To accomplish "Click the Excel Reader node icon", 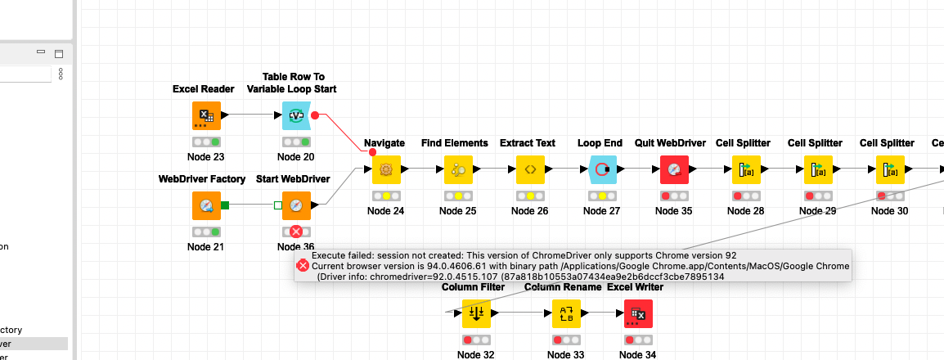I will tap(206, 115).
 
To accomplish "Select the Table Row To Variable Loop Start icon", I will tap(296, 115).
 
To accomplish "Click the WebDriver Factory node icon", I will tap(206, 205).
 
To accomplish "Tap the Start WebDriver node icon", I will tap(296, 205).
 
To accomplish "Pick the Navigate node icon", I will tap(387, 169).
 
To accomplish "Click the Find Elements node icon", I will tap(458, 169).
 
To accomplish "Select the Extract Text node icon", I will tap(530, 169).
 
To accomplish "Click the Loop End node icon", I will tap(602, 169).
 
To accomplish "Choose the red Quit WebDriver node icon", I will tap(675, 169).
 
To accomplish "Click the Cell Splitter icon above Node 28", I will tap(746, 169).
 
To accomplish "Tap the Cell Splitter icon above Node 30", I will tap(890, 169).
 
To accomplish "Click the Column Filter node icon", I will tap(476, 313).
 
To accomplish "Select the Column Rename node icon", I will tap(566, 313).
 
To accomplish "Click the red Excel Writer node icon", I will tap(638, 313).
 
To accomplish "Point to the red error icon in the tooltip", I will tap(302, 265).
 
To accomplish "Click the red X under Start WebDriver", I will tap(296, 232).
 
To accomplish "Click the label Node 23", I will tap(206, 157).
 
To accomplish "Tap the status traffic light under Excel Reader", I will tap(206, 142).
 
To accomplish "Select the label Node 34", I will tap(637, 354).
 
